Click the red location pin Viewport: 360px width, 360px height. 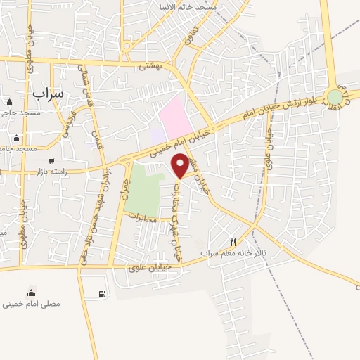(181, 166)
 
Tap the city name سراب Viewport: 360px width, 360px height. (48, 92)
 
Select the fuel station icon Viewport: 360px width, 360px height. (103, 293)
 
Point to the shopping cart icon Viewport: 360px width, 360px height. (51, 161)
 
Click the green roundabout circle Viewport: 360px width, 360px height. (335, 97)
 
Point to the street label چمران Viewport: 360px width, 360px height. (127, 188)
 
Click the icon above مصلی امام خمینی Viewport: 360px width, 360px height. (31, 292)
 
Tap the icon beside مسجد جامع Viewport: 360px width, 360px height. (16, 139)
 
